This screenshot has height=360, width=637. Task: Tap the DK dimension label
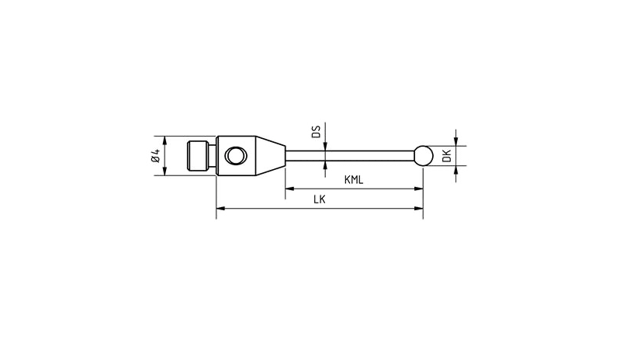pos(446,155)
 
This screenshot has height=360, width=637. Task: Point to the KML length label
pos(355,180)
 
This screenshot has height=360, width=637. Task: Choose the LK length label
pos(319,199)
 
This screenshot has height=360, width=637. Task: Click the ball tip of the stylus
pos(423,155)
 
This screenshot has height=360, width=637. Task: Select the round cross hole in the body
pos(234,157)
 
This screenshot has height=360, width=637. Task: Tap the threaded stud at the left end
pos(202,156)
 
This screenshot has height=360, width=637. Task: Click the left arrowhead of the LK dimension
pos(220,208)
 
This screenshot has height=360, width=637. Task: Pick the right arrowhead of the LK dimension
pos(418,208)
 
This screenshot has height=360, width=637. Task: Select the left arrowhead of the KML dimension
pos(290,189)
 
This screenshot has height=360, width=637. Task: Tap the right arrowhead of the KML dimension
pos(418,189)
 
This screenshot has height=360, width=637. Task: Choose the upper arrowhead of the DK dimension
pos(456,140)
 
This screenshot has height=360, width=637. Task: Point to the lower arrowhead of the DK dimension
pos(456,170)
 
